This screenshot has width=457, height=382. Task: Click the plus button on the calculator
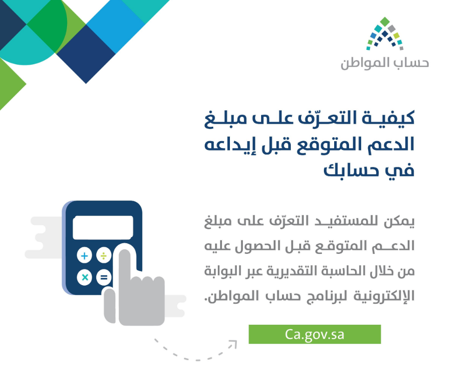[84, 256]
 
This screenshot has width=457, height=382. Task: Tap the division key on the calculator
[103, 256]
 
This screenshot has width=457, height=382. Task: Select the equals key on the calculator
[103, 278]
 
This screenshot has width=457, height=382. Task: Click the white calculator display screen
[103, 228]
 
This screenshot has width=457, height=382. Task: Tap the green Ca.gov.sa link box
[315, 334]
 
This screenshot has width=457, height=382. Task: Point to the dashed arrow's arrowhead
[233, 344]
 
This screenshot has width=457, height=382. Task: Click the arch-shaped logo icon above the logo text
[384, 34]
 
